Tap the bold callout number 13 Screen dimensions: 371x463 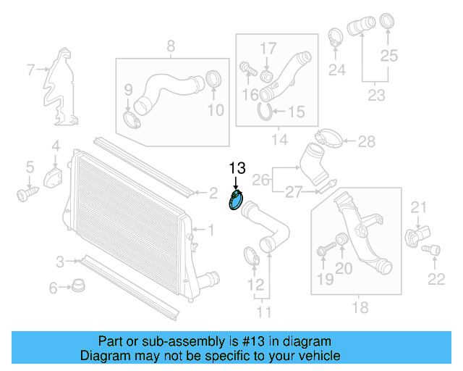click(x=237, y=168)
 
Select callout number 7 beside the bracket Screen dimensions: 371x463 click(x=31, y=70)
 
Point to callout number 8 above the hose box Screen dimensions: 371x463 click(x=171, y=47)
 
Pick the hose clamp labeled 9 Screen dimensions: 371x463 click(x=132, y=117)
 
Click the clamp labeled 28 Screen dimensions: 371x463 click(x=328, y=138)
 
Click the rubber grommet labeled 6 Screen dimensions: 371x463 click(x=77, y=285)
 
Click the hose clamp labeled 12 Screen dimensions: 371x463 click(x=250, y=255)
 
